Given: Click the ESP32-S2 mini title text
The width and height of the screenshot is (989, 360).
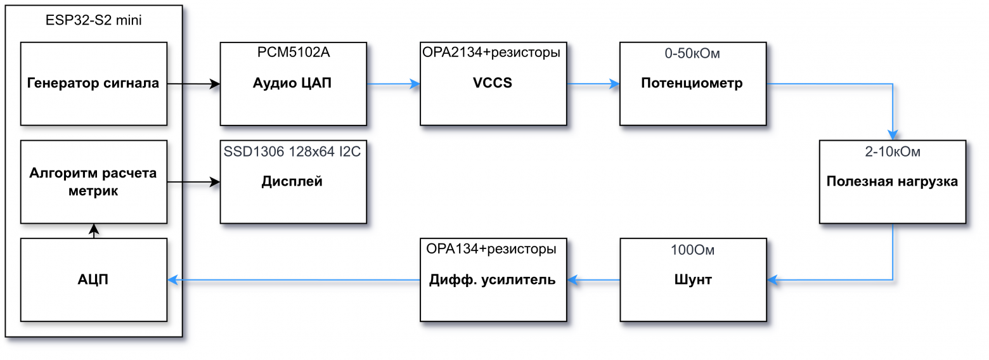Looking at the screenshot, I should pos(94,20).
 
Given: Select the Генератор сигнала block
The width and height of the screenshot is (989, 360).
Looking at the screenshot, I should pos(93,83).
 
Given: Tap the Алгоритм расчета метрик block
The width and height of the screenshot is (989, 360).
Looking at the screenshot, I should pos(93,182).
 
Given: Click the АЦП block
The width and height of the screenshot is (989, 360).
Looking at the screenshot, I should pos(93,280).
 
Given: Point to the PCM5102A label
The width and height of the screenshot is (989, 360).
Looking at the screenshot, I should pos(293,53).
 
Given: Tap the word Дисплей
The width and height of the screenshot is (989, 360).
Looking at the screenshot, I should pos(292,182).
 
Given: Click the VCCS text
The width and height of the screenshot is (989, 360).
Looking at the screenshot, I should pos(493,83).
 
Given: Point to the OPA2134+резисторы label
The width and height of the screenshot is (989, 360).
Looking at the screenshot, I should pos(491,53).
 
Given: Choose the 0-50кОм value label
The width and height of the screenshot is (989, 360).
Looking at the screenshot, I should pos(692,54).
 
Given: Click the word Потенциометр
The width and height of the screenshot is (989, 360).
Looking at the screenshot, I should pos(692,83).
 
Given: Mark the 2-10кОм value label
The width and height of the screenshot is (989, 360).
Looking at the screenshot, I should pos(892,152).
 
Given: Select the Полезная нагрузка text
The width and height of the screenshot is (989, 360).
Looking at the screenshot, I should pos(892,182).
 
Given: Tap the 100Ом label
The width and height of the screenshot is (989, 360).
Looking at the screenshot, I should pos(692,250).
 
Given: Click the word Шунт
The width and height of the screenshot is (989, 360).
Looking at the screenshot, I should pos(692,280).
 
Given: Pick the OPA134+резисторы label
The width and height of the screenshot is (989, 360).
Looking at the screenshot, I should pos(491,249).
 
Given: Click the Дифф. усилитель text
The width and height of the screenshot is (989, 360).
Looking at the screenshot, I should pos(493,280).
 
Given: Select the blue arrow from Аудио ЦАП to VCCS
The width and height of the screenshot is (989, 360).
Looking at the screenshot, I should pos(393,83).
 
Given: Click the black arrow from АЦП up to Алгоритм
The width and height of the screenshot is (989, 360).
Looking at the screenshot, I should pos(94,231).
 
